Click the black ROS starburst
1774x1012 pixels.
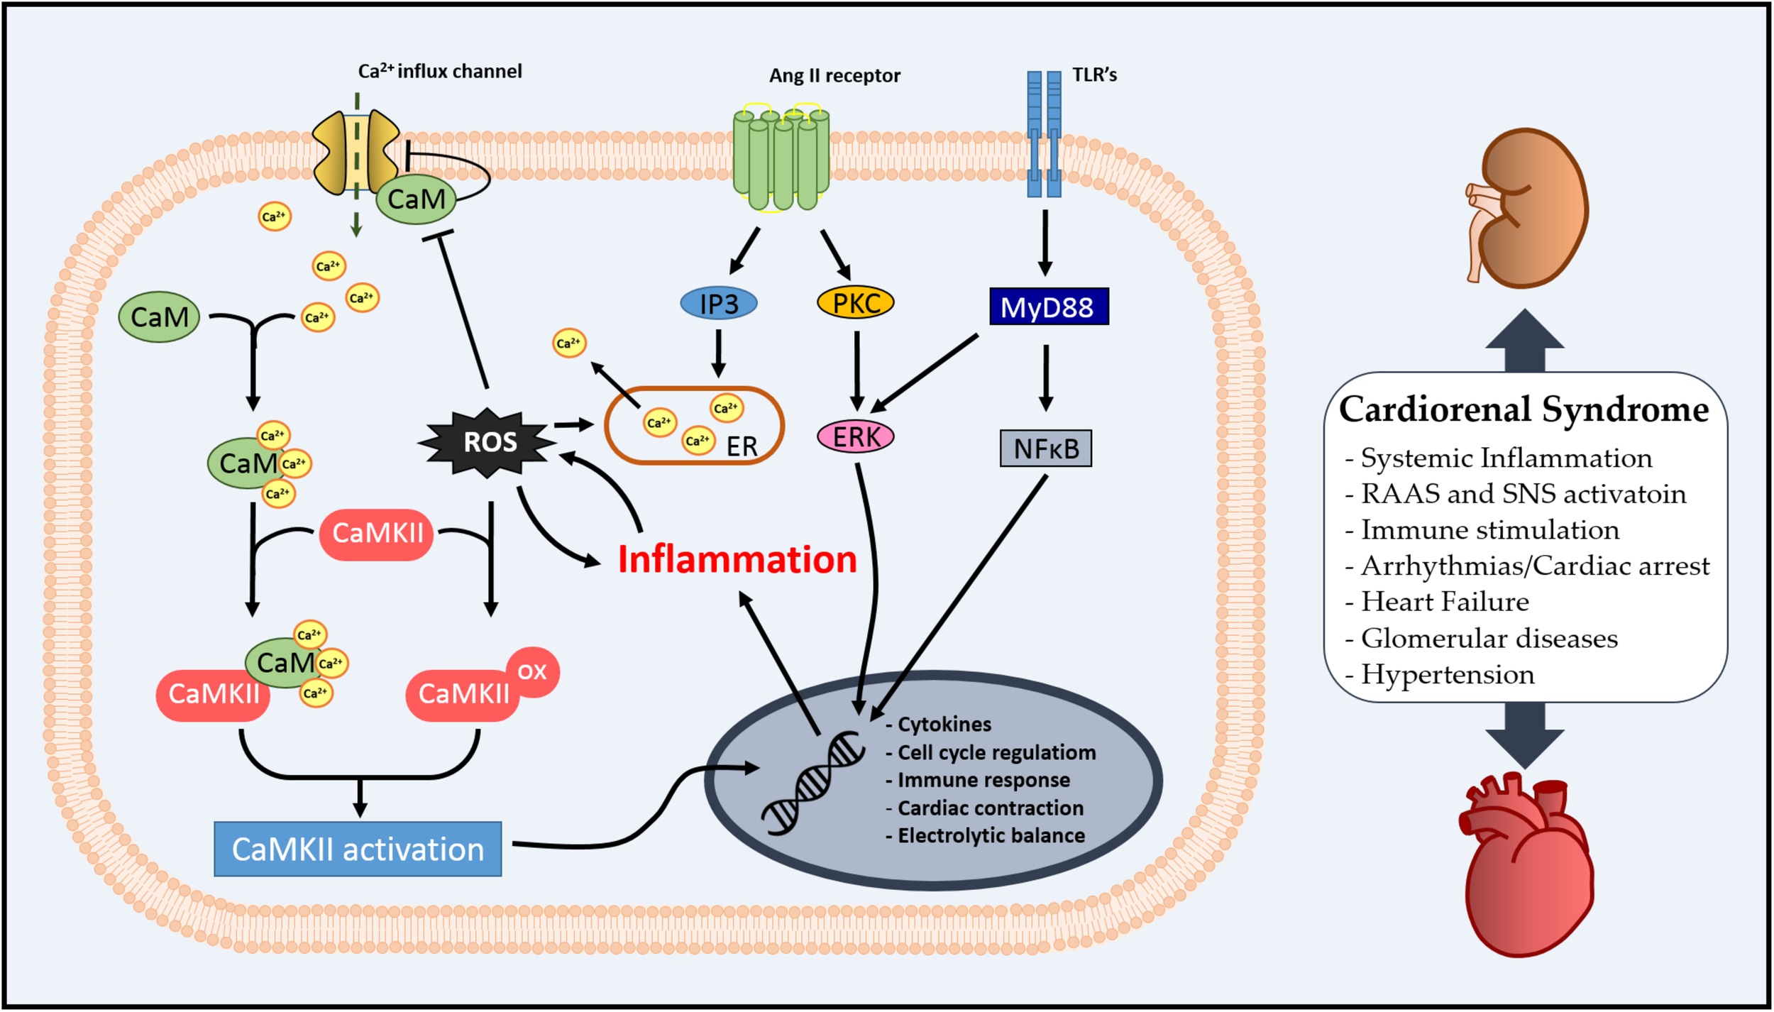(x=489, y=442)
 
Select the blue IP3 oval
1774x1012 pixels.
(x=718, y=304)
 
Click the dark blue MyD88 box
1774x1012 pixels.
(x=1048, y=307)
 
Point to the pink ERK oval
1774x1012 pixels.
(x=855, y=436)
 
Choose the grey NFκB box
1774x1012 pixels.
(x=1045, y=449)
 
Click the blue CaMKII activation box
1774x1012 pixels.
(x=358, y=849)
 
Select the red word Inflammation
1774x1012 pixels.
(x=737, y=559)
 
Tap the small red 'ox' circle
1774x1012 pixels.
(x=533, y=671)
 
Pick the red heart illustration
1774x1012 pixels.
(x=1526, y=869)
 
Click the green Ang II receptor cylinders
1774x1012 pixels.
(x=781, y=160)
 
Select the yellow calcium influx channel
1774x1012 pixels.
(x=356, y=151)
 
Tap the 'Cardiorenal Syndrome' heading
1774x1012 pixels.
(x=1524, y=409)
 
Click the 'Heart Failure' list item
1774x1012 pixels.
(x=1443, y=602)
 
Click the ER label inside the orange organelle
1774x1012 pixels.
(x=742, y=446)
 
